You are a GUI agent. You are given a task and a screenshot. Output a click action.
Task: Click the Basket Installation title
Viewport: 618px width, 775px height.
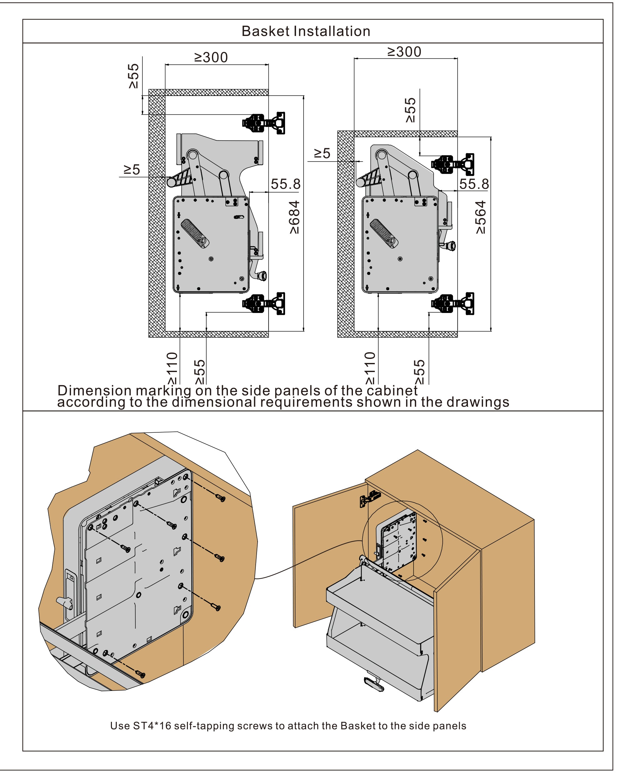click(306, 31)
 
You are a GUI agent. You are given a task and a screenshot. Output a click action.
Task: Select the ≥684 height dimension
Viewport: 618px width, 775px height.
click(294, 217)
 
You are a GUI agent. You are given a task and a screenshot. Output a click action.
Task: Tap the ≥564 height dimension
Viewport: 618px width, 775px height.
click(481, 217)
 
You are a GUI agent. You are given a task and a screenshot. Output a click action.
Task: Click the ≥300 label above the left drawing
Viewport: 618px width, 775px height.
click(211, 58)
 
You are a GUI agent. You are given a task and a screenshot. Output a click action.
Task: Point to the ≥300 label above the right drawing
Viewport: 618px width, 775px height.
click(404, 52)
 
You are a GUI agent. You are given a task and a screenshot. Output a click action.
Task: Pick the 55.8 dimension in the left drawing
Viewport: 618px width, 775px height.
click(285, 184)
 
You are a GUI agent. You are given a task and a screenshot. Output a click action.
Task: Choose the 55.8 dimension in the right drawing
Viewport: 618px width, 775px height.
click(474, 184)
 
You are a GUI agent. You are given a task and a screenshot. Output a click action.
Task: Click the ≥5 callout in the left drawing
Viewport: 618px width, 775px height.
click(132, 169)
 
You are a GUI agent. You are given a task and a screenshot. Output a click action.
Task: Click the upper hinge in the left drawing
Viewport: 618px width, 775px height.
click(264, 123)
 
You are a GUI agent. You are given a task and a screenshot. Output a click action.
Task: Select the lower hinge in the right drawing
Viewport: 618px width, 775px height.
click(453, 304)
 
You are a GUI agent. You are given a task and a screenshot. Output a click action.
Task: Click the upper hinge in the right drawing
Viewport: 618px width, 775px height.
click(453, 164)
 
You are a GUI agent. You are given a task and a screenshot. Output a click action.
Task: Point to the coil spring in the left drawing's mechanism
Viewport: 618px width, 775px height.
click(193, 232)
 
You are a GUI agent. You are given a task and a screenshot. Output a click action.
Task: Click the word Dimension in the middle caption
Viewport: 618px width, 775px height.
click(94, 390)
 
